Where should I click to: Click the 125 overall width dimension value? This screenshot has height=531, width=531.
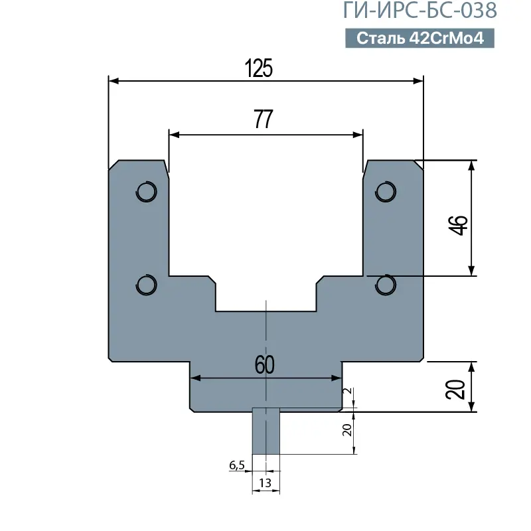259,68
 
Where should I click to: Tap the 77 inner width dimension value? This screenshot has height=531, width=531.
264,119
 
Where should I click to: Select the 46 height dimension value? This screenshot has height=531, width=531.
458,225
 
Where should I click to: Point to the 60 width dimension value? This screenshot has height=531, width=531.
264,364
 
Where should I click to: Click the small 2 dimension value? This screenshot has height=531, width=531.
347,391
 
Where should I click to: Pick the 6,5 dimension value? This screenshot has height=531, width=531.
237,465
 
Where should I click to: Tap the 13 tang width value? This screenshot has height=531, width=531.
265,483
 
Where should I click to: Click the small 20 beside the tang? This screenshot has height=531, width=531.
347,430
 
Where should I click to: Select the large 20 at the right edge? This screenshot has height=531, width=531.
455,390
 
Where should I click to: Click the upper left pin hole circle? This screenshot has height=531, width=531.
146,192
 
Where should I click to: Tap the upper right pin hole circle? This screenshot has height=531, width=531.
386,192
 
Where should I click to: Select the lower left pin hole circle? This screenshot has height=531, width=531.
146,285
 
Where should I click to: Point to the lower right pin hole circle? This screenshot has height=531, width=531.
386,285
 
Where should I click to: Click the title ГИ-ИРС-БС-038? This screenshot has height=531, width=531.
420,10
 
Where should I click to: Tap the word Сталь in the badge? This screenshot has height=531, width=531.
380,38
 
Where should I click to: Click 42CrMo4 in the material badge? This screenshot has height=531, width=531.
447,38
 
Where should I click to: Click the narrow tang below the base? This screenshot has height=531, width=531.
266,431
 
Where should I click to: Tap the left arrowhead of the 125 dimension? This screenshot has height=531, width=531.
114,81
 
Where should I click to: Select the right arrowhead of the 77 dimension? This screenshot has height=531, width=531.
358,135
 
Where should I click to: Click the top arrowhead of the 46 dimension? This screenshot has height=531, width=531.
471,165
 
